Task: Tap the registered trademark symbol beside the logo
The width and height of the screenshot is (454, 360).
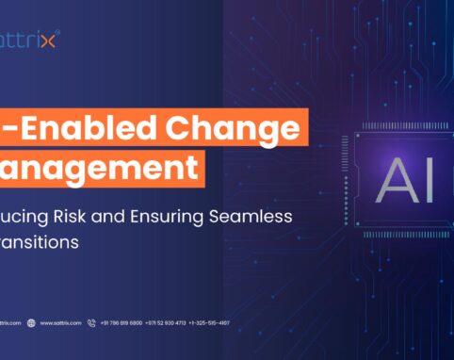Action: click(x=58, y=33)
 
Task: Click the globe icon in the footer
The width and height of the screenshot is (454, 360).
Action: click(x=31, y=323)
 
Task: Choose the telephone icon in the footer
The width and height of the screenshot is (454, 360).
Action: click(x=91, y=323)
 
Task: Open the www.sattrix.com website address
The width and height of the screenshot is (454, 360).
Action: click(x=60, y=323)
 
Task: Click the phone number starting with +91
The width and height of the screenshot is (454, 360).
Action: click(x=122, y=323)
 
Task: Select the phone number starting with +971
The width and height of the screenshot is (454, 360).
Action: click(x=166, y=323)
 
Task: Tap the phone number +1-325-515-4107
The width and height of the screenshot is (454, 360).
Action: click(x=209, y=323)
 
